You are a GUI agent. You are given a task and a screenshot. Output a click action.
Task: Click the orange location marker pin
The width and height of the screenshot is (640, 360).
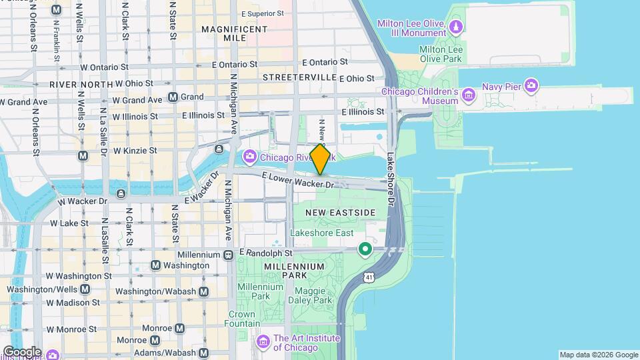tap(320, 159)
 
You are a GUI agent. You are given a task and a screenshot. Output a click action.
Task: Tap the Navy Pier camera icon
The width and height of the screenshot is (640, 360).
tap(531, 85)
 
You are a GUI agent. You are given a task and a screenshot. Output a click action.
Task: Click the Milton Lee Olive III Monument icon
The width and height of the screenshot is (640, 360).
tap(456, 27)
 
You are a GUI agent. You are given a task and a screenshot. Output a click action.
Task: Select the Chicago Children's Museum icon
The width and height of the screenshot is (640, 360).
tap(469, 96)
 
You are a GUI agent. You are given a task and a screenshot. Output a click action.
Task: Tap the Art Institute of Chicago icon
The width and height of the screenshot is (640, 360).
tap(263, 342)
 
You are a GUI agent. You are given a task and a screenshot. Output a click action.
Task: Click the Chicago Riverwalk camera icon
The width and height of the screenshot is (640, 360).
tap(250, 157)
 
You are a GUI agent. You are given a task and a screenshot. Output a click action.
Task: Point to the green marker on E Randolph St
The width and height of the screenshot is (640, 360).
tap(365, 250)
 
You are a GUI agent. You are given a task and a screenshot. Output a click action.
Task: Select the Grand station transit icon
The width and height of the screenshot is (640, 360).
tap(173, 97)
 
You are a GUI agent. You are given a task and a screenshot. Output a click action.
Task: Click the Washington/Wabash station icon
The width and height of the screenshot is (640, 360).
tap(203, 291)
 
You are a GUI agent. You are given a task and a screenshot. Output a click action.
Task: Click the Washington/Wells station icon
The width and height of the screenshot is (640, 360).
tap(85, 289)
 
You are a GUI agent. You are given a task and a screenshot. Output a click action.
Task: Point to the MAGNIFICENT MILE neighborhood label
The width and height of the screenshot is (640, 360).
tap(234, 34)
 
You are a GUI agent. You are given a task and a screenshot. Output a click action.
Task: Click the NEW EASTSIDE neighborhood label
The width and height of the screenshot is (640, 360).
tap(341, 212)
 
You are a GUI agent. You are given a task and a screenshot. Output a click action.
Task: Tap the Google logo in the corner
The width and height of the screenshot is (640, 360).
tap(21, 351)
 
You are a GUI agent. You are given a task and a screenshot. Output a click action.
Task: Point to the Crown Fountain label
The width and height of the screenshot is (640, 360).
tap(241, 319)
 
